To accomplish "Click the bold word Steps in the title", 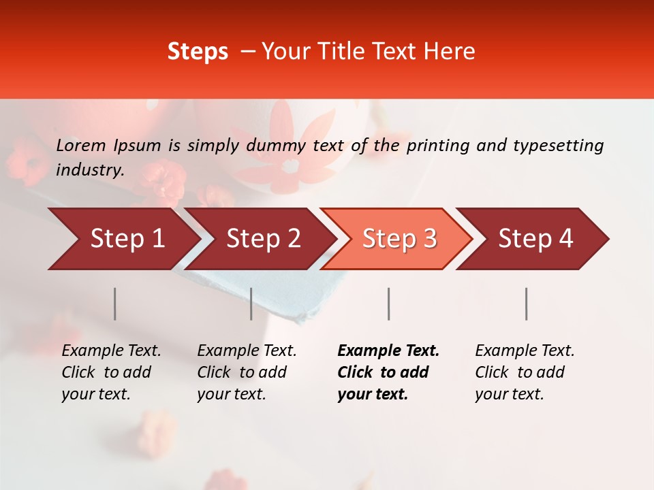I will [x=198, y=52].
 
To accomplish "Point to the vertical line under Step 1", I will [x=115, y=304].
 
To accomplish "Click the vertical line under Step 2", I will [x=251, y=304].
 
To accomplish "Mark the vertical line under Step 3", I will [x=388, y=304].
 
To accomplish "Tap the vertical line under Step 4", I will [x=526, y=304].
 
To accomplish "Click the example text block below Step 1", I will [x=111, y=372].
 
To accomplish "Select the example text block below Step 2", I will [x=247, y=372].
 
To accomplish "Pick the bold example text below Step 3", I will [x=388, y=372].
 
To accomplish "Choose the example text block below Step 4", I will [x=525, y=372].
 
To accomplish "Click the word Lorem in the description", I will [x=81, y=146].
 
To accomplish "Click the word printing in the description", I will [x=437, y=146].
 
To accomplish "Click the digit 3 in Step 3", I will [x=429, y=239].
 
